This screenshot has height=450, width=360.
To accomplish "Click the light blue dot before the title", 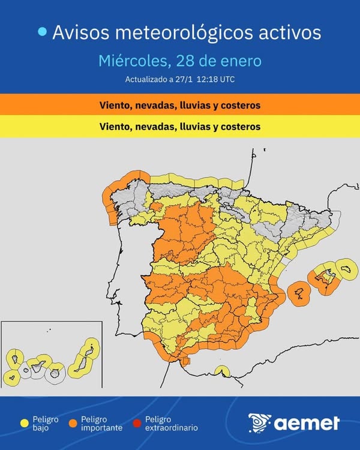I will tap(42, 32).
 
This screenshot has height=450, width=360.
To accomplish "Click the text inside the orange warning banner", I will tap(180, 106).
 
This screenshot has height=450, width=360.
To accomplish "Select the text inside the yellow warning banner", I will tap(180, 127).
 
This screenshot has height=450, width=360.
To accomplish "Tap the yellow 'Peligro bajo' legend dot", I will tap(25, 424).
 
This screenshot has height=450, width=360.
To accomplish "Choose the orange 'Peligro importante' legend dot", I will tap(73, 424).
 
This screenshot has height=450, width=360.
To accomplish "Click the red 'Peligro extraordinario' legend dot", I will tap(137, 424).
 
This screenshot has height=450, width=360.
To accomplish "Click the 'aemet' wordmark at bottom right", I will tap(307, 424).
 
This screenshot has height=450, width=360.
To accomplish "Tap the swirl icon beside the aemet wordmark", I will tap(259, 423).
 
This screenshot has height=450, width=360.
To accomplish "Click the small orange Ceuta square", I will tap(186, 361).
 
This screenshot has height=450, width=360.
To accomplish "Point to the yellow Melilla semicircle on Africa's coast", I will tap(222, 371).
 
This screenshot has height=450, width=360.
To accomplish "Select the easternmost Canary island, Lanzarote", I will tap(91, 346).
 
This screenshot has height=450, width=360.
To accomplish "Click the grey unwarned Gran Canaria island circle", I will tap(55, 373).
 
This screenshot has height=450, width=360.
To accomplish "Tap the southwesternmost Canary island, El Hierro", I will tap(11, 379).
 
